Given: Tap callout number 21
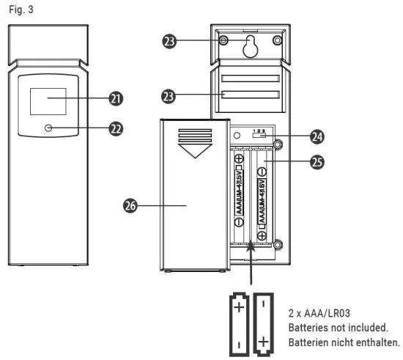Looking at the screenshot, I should pos(115,98).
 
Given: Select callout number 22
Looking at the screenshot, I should pos(115,128).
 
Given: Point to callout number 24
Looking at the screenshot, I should pos(317,136).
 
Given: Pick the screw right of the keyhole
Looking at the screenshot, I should pos(276,40).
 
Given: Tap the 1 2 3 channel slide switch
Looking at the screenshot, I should pos(258,135).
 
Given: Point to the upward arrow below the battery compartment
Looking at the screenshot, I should pos(252,264).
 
